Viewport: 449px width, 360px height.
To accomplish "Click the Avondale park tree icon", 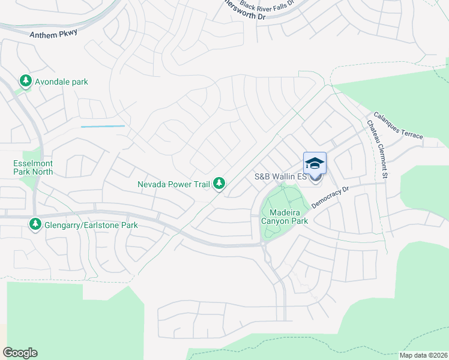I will click(25, 81).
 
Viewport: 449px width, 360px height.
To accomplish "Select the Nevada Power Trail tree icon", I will click(220, 184).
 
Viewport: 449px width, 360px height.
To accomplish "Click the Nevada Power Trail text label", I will click(173, 184).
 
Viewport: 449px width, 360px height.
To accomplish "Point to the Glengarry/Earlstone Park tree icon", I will click(35, 225).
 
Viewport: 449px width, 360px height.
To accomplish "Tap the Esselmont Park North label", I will click(33, 167).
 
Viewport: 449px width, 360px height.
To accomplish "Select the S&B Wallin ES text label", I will click(281, 176).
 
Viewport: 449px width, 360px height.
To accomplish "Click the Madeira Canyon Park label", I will click(285, 217).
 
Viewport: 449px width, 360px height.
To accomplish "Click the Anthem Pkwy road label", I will click(54, 34).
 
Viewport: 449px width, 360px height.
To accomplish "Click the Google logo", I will click(20, 353).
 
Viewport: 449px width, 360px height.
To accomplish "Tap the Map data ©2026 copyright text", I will click(424, 355).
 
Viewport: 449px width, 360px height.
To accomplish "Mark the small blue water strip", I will click(103, 127).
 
